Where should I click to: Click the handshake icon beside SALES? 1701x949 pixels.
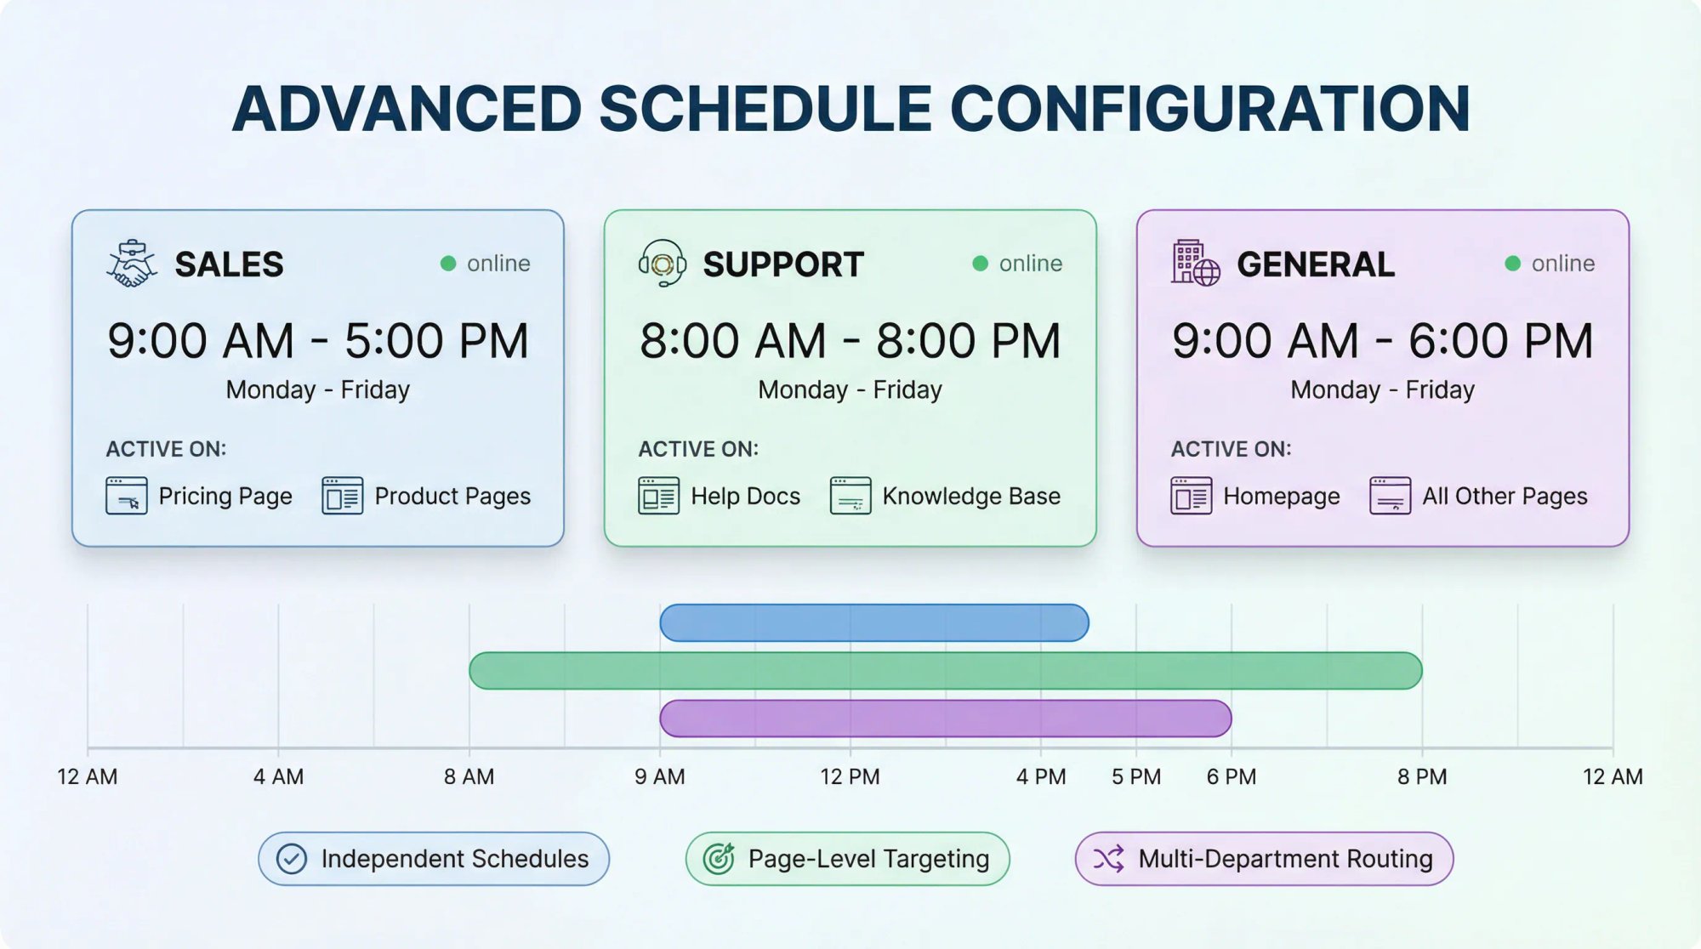coord(131,264)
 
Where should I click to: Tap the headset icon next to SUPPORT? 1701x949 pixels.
coord(662,264)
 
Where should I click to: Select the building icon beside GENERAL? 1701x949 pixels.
coord(1194,264)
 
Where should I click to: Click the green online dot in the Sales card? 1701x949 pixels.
coord(448,264)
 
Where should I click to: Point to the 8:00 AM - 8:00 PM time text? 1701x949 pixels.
coord(850,341)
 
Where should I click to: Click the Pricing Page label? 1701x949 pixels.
coord(225,496)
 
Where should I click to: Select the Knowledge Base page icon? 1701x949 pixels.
coord(850,496)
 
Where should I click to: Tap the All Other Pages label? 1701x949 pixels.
coord(1505,496)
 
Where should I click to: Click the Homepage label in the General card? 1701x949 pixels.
coord(1281,496)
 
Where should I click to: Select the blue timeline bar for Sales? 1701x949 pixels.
coord(873,623)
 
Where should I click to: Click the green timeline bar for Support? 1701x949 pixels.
coord(944,671)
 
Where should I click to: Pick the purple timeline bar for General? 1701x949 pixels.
coord(944,719)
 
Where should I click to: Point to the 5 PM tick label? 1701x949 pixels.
coord(1135,776)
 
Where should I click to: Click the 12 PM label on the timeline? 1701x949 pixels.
coord(850,776)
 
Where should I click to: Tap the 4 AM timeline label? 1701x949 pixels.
coord(278,776)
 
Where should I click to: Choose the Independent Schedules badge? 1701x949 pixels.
coord(434,859)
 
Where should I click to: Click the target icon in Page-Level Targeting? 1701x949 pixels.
coord(719,859)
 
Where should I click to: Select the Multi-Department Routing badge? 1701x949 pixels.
coord(1264,859)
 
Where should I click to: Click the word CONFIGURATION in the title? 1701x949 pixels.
coord(1209,109)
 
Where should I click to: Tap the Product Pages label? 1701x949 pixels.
coord(452,496)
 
